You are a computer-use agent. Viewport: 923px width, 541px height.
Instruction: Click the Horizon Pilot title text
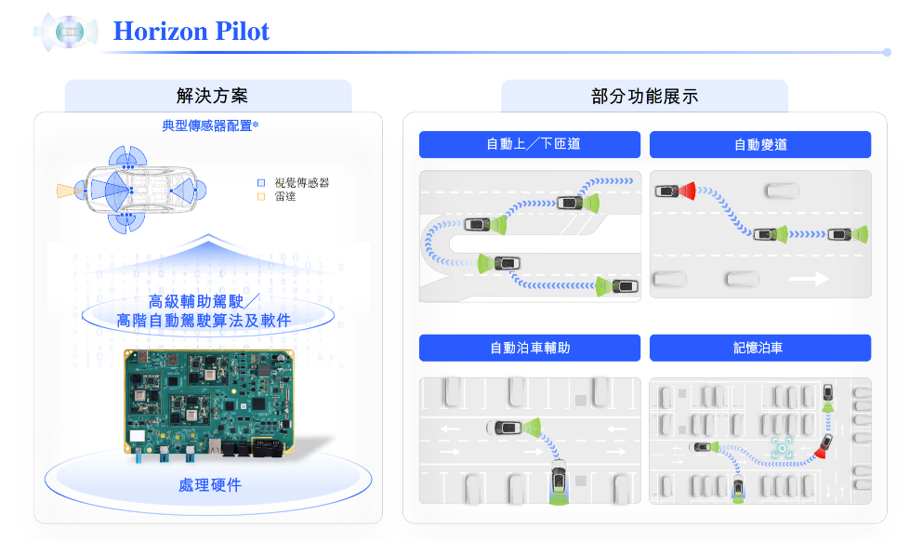pyautogui.click(x=191, y=32)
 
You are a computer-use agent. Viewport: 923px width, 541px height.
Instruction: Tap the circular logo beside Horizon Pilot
pyautogui.click(x=66, y=32)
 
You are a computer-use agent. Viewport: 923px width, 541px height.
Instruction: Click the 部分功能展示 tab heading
pyautogui.click(x=644, y=96)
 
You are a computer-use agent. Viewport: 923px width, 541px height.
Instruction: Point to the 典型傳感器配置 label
pyautogui.click(x=210, y=125)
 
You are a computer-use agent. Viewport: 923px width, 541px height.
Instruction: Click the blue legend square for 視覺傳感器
pyautogui.click(x=261, y=183)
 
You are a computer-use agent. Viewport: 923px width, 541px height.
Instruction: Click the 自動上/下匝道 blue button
pyautogui.click(x=530, y=144)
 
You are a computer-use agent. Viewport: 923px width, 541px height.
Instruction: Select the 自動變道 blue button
pyautogui.click(x=760, y=144)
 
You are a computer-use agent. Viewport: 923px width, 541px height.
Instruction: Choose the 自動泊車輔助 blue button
pyautogui.click(x=530, y=348)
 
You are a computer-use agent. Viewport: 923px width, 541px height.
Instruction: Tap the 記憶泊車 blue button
pyautogui.click(x=760, y=348)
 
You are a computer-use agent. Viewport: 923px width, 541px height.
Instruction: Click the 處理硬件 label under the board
pyautogui.click(x=209, y=484)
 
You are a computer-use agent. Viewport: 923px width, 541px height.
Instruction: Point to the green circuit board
pyautogui.click(x=210, y=402)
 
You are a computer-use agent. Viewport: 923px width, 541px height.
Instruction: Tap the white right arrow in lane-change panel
pyautogui.click(x=808, y=278)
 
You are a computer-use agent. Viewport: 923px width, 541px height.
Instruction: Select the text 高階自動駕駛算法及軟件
pyautogui.click(x=204, y=321)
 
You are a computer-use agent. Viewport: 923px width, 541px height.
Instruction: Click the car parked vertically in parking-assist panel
pyautogui.click(x=558, y=478)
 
